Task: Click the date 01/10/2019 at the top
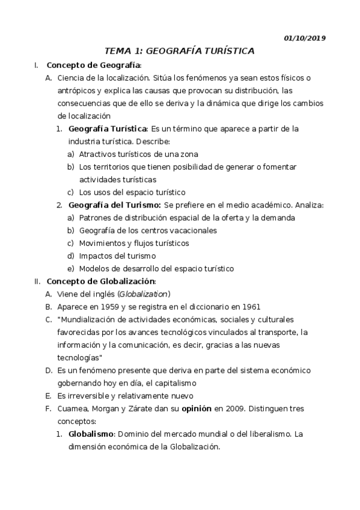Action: (x=305, y=38)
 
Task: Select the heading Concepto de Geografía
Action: (x=93, y=65)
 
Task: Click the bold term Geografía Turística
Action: (x=108, y=129)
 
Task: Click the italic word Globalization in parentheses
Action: (x=144, y=293)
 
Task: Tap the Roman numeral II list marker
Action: (x=37, y=281)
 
